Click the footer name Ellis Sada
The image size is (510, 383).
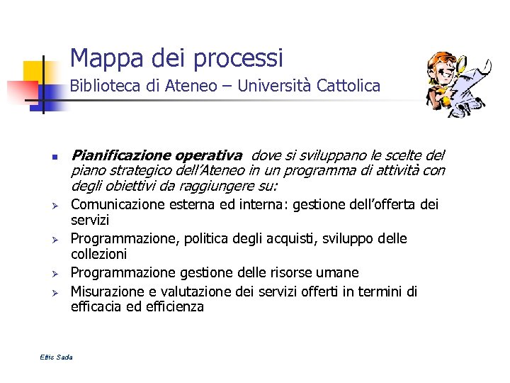(x=57, y=356)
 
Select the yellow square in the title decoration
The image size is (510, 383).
(x=33, y=71)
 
